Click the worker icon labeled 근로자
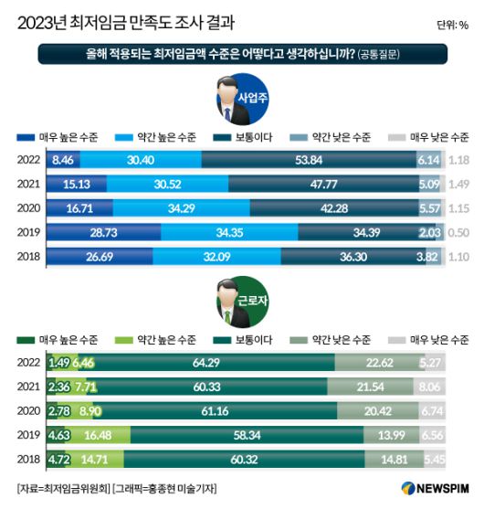[241, 302]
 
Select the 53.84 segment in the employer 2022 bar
[320, 159]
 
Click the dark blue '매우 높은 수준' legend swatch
[26, 137]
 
